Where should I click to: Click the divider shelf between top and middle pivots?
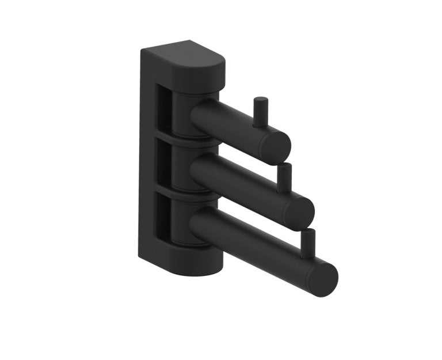pos(190,140)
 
